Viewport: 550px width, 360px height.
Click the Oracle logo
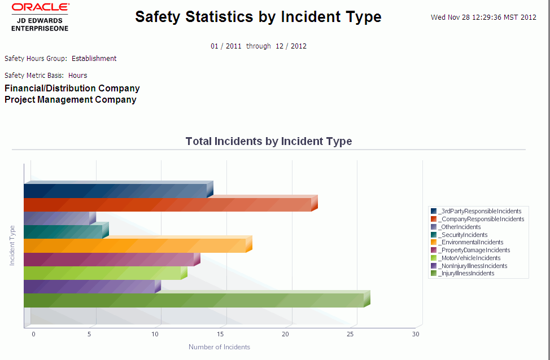click(40, 7)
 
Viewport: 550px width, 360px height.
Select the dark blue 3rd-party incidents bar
click(115, 191)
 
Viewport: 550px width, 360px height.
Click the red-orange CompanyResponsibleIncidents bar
click(167, 205)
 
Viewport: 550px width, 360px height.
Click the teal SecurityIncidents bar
click(63, 232)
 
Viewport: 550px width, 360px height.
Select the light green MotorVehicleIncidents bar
click(102, 273)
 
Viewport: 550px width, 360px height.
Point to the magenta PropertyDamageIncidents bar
click(108, 260)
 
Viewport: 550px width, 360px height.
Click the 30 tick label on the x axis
click(416, 335)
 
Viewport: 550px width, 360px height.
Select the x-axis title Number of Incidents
click(219, 347)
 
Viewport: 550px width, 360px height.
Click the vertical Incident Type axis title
click(12, 245)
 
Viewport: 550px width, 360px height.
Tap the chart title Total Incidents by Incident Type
click(268, 142)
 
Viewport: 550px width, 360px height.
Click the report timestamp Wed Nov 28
click(483, 17)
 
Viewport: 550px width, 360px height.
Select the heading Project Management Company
click(71, 100)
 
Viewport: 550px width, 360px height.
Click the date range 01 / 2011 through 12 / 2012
click(259, 46)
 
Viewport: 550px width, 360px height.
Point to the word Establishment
click(94, 59)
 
